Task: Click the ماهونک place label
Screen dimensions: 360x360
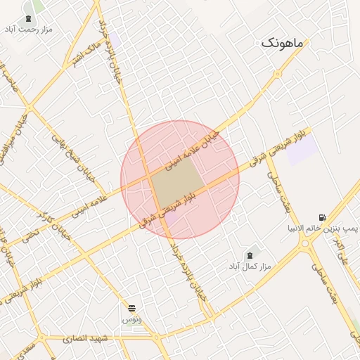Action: pos(282,44)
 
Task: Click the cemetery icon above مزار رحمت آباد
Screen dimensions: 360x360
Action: pos(27,18)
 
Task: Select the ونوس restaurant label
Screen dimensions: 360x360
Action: pos(132,319)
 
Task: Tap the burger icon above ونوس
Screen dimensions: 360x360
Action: pos(131,308)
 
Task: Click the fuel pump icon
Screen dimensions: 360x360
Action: pos(322,217)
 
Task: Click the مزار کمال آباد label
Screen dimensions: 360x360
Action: pos(250,266)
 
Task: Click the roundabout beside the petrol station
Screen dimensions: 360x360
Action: pos(307,244)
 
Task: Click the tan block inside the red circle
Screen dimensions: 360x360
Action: pos(176,181)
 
